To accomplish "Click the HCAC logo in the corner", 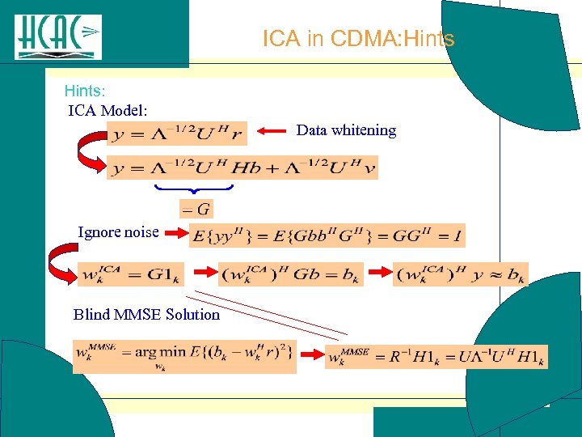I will (x=58, y=36).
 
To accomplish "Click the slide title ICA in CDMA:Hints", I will (x=358, y=38).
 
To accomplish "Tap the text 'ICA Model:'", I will (x=107, y=109).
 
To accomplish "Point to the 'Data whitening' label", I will (x=346, y=130).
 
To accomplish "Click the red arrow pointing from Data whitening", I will (x=272, y=131).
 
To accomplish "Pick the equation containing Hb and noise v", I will (x=242, y=168).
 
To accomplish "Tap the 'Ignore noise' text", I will (x=118, y=232).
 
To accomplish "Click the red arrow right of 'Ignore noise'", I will (x=173, y=234).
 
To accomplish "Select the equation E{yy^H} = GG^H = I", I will (x=327, y=235).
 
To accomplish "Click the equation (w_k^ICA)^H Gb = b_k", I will (x=290, y=274).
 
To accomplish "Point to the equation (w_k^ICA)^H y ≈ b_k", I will (x=460, y=274).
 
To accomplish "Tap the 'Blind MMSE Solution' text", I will (x=146, y=315).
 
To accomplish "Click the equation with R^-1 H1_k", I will (x=436, y=356).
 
